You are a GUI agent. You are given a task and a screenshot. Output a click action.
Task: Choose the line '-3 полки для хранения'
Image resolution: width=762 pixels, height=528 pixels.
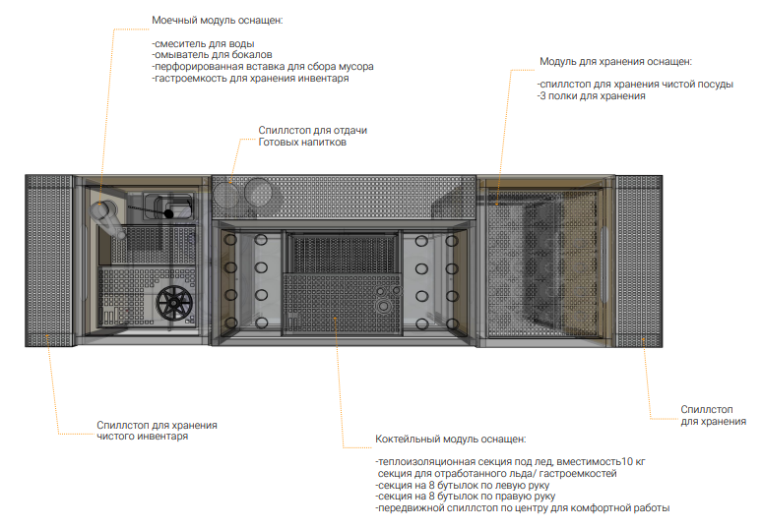[591, 96]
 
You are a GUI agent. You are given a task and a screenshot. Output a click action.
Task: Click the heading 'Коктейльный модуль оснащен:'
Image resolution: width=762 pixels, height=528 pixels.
[451, 439]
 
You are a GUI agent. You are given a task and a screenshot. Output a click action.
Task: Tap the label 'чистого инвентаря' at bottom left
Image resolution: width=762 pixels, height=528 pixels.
[143, 437]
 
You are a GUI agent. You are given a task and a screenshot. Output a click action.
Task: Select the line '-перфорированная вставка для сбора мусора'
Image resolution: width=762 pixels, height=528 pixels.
[262, 67]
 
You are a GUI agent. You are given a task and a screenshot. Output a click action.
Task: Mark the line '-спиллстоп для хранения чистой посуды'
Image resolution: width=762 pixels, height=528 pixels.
[635, 85]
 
